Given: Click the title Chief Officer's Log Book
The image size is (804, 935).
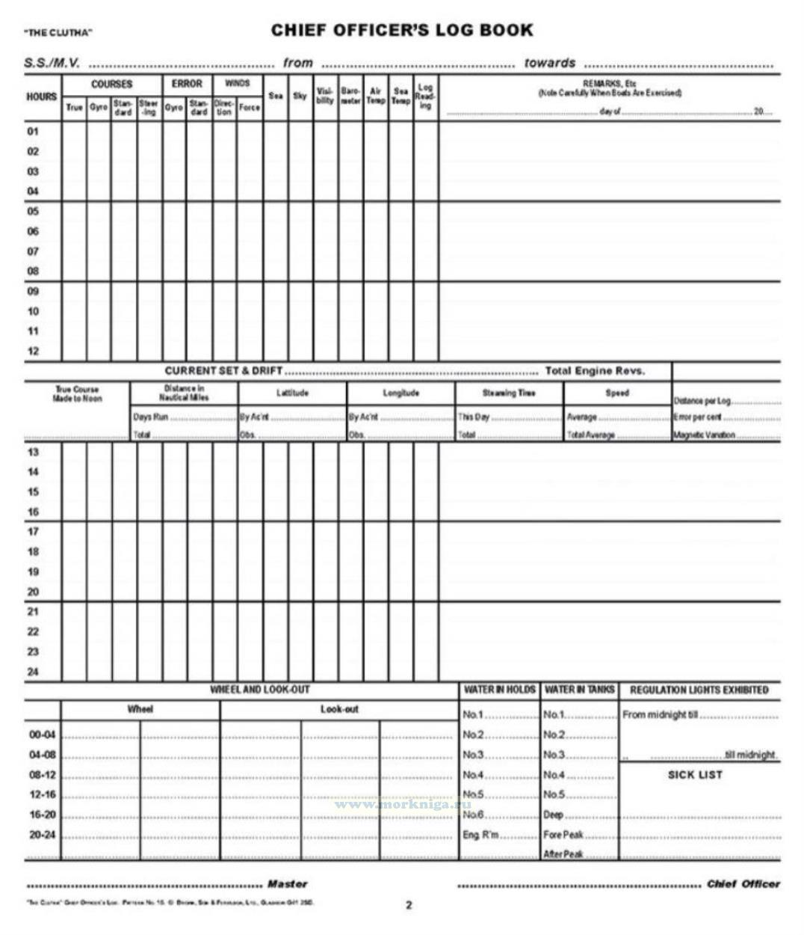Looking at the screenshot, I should pyautogui.click(x=401, y=31).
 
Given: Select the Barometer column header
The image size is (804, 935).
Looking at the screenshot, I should pyautogui.click(x=350, y=96).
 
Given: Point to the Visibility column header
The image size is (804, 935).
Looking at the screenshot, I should pyautogui.click(x=325, y=96).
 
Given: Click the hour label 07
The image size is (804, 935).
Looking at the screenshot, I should pyautogui.click(x=33, y=251).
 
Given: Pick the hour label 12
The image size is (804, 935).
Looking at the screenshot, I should pyautogui.click(x=33, y=351).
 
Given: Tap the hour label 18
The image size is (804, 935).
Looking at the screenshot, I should pyautogui.click(x=33, y=552).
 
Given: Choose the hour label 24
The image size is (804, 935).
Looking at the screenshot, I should pyautogui.click(x=33, y=672).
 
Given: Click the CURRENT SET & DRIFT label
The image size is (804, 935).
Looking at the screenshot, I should pyautogui.click(x=223, y=371).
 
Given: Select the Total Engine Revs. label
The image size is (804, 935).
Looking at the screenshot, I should pyautogui.click(x=595, y=371).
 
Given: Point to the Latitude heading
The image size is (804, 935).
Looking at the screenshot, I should pyautogui.click(x=292, y=393).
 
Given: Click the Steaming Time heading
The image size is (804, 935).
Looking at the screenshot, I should pyautogui.click(x=508, y=393).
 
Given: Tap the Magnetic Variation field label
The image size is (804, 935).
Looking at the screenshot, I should pyautogui.click(x=704, y=435).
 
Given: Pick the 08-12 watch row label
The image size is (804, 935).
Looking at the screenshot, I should pyautogui.click(x=42, y=775).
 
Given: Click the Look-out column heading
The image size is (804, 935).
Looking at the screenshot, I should pyautogui.click(x=339, y=709).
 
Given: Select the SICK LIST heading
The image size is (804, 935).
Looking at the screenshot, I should pyautogui.click(x=695, y=775).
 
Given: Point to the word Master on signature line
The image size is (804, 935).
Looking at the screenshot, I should pyautogui.click(x=287, y=884).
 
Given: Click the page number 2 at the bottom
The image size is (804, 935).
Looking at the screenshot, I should pyautogui.click(x=409, y=905).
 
